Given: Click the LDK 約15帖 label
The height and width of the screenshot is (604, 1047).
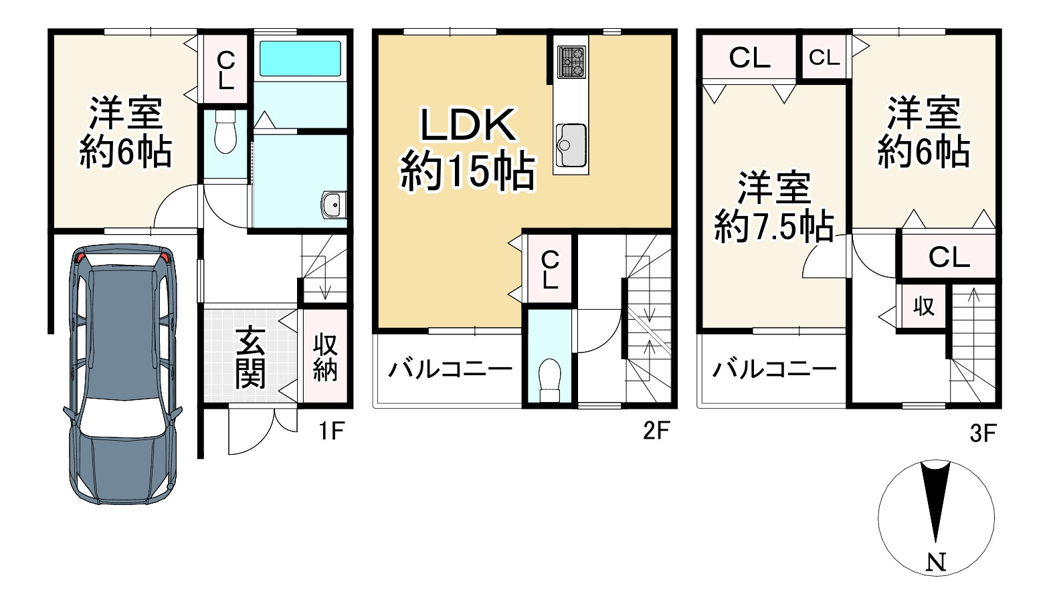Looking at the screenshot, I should [468, 148].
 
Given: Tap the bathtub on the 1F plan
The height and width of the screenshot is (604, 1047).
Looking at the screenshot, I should [300, 58].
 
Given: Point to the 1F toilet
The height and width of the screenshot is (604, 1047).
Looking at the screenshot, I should [226, 132].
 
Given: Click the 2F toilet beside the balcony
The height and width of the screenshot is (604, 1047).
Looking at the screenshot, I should [549, 379].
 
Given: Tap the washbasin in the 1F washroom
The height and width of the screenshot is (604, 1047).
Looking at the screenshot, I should [332, 205].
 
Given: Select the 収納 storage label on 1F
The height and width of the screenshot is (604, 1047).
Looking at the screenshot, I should [325, 357].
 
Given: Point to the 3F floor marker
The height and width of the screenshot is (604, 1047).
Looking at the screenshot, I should [983, 434].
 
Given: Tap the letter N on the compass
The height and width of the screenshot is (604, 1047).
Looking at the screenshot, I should [937, 563].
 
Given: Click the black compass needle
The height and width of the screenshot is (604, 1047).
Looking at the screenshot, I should [935, 498].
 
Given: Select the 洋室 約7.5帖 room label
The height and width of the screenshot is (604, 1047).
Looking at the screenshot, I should [774, 207].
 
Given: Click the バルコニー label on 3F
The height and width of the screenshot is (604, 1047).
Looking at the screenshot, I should [774, 369].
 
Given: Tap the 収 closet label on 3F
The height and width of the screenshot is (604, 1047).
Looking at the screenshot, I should [924, 306].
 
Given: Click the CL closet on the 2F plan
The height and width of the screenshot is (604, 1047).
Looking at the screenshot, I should [550, 269].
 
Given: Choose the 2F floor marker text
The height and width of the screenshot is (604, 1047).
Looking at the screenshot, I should [656, 431].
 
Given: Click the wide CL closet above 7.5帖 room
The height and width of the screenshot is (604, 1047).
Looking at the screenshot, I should [749, 58].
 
